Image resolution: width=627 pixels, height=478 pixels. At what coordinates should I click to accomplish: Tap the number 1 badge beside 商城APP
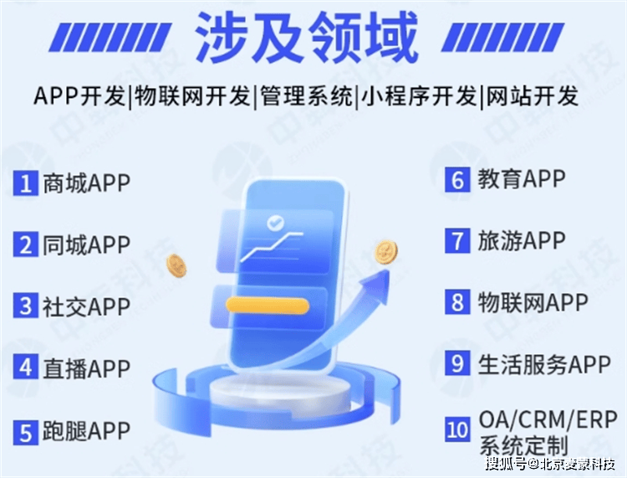[x=26, y=183]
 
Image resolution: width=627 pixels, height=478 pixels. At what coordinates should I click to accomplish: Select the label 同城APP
[x=86, y=244]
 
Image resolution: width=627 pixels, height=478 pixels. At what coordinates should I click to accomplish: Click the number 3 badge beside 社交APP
[x=26, y=306]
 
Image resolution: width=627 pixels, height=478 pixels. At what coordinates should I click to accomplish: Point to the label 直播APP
[x=86, y=368]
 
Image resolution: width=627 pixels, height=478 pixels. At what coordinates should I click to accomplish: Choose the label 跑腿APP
[x=86, y=431]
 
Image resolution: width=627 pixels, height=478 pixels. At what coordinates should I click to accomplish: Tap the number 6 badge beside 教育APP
[x=457, y=180]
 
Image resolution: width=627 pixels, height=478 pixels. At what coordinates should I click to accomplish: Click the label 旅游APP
[x=522, y=240]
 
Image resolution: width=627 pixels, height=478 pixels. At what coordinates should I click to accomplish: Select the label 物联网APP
[x=533, y=302]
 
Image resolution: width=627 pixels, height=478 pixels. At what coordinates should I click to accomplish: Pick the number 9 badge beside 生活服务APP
[x=457, y=363]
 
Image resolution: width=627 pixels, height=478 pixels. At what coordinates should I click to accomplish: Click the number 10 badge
[x=457, y=429]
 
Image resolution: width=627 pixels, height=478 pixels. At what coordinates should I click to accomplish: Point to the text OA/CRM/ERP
[x=548, y=420]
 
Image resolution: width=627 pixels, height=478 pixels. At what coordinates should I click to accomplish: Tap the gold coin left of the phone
[x=176, y=265]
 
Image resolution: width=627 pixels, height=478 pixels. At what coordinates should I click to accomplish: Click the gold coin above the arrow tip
[x=386, y=252]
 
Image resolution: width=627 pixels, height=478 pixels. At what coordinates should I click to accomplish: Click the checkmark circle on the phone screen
[x=275, y=222]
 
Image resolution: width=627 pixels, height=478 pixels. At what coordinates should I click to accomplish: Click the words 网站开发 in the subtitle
[x=532, y=97]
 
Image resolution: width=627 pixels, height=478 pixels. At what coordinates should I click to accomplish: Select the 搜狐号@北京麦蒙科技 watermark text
[x=550, y=465]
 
